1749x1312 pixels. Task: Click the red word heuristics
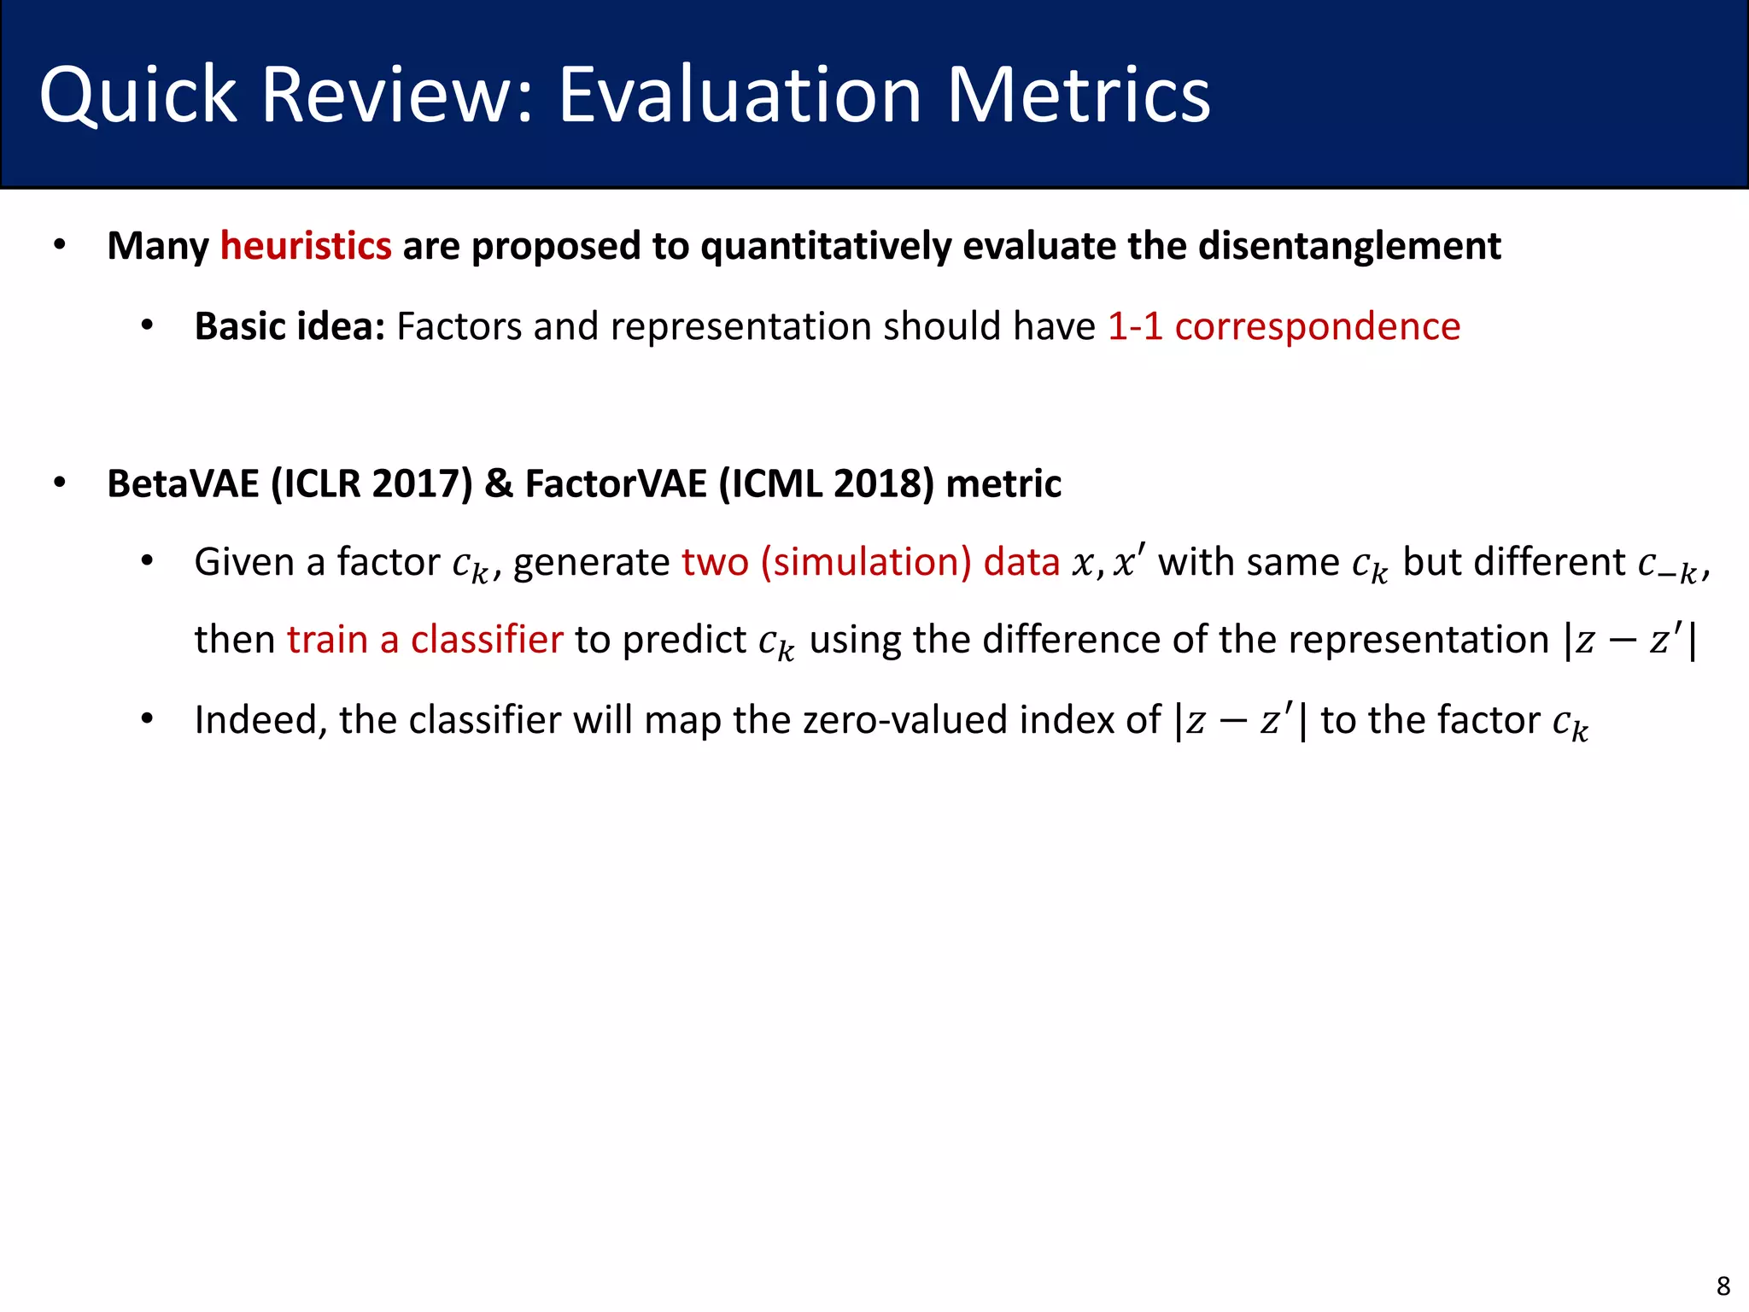(306, 246)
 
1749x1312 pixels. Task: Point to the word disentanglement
(1349, 246)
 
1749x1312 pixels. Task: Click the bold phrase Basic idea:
(290, 326)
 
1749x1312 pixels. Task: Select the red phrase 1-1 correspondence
(1284, 326)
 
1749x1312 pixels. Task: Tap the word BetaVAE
(183, 483)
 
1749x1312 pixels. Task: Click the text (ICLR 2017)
(371, 483)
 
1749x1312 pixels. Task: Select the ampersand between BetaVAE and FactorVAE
(499, 483)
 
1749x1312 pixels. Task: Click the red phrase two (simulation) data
(870, 562)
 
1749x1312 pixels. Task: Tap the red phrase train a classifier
(424, 640)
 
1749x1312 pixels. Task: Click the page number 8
(1723, 1286)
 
